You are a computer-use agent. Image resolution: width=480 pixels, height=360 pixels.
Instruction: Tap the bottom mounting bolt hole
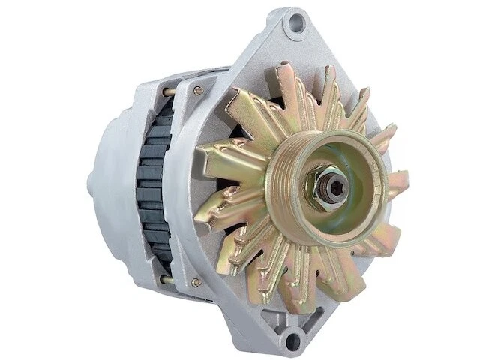[x=294, y=341]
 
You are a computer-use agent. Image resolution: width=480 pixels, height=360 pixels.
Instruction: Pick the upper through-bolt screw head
[x=198, y=91]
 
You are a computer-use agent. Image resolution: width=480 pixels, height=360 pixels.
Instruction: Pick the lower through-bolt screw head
[x=196, y=283]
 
